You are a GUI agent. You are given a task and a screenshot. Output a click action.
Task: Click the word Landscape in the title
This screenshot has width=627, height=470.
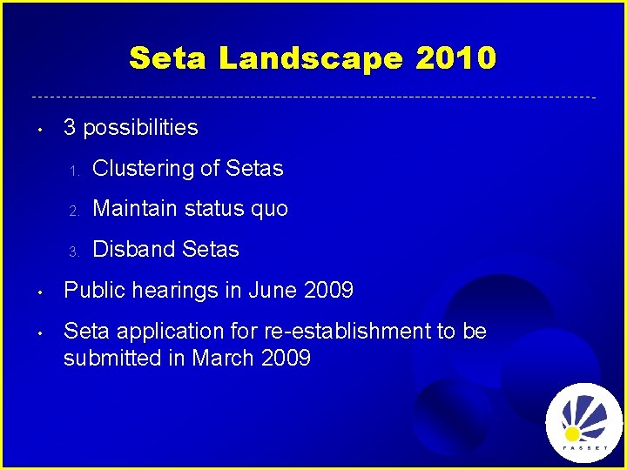(311, 58)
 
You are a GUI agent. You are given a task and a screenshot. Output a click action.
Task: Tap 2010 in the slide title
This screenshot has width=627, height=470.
(455, 58)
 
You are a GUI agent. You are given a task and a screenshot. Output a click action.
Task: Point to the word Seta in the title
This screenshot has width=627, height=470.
(168, 58)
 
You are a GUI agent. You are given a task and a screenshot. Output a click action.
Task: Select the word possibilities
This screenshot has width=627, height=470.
(140, 128)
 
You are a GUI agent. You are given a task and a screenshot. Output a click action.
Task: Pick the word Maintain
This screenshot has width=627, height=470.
(135, 209)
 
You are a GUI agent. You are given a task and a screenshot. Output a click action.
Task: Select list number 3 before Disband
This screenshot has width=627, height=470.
(75, 252)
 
